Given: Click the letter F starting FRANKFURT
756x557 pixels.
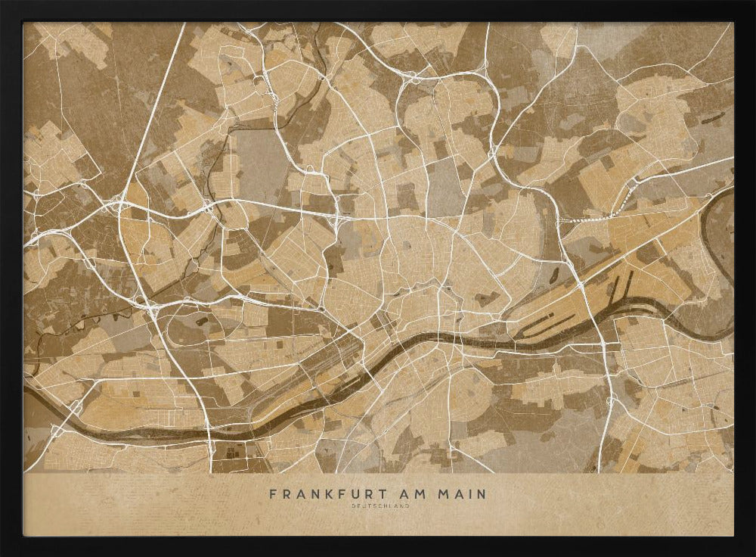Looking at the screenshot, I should click(273, 494).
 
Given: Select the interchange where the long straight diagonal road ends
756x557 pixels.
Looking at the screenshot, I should click(121, 204).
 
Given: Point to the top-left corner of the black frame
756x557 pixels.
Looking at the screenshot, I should click(3, 3).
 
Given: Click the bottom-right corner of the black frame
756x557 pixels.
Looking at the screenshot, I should click(752, 553).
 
